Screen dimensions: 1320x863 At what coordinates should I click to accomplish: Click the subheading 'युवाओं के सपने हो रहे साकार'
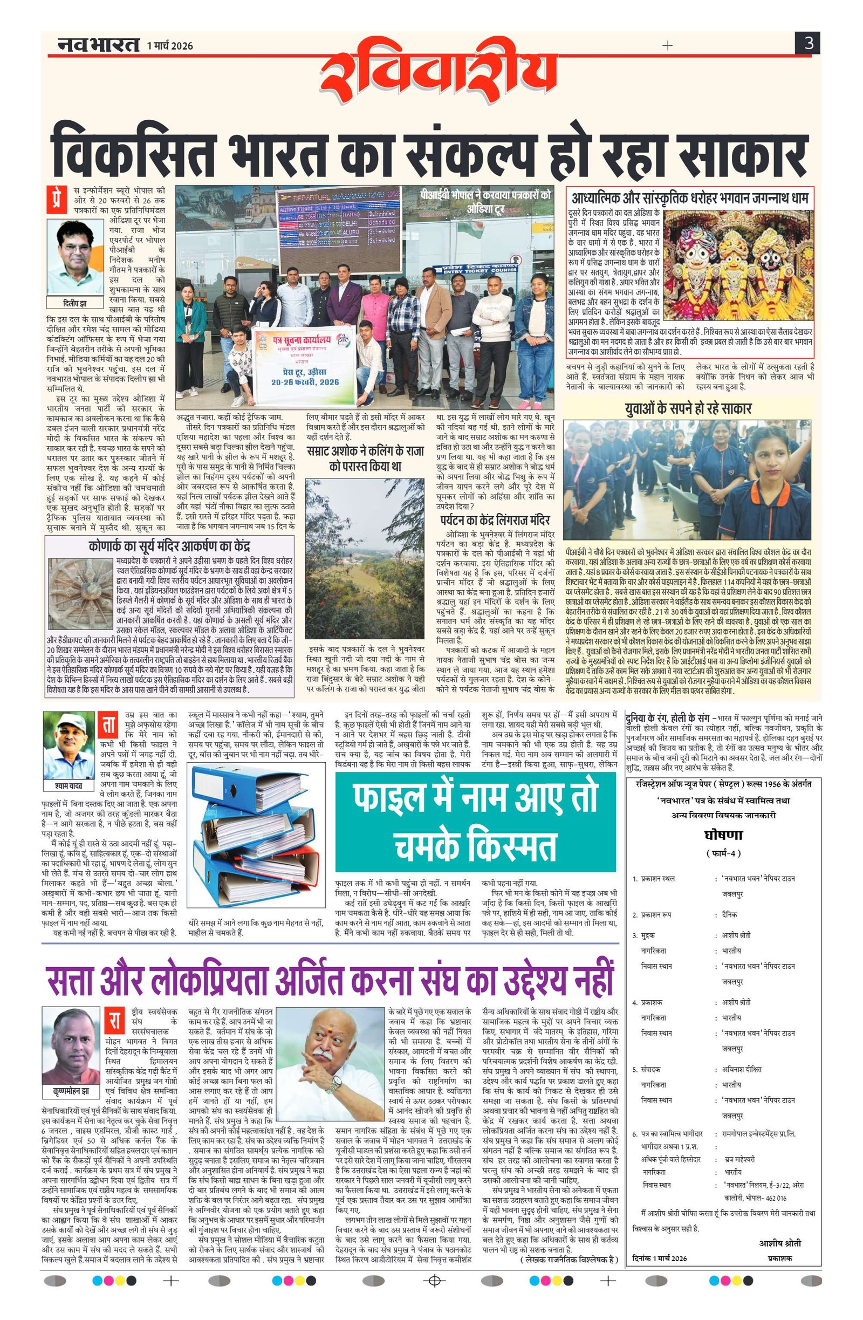click(688, 408)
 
